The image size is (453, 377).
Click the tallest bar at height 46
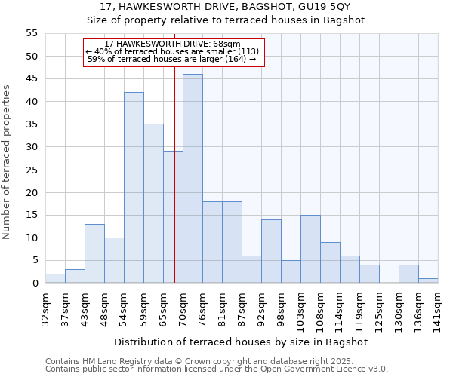193,179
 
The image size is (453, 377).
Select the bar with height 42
134,188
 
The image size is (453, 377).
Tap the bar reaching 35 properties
153,204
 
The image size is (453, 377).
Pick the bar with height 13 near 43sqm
94,253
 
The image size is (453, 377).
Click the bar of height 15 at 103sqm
310,249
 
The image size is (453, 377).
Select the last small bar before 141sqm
428,280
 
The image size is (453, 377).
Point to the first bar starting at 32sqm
55,278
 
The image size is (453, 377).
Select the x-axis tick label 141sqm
439,309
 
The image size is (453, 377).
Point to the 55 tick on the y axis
31,33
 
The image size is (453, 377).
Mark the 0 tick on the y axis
34,284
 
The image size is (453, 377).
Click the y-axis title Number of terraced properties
7,161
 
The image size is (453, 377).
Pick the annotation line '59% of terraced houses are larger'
172,59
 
